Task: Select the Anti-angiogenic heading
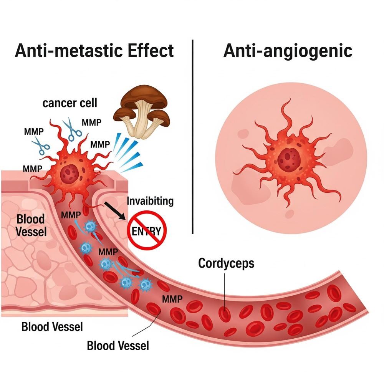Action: click(288, 51)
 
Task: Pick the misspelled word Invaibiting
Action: click(150, 201)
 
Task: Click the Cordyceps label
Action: click(226, 263)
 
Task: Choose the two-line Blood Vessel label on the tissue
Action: click(31, 225)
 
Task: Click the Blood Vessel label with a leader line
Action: click(118, 345)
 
